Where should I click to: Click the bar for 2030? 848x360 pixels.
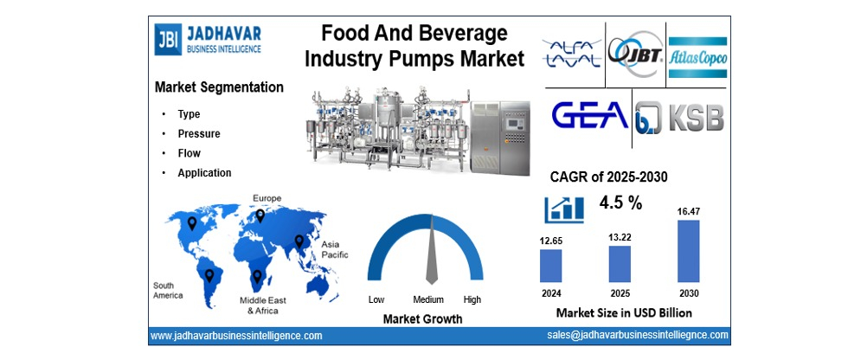tap(688, 251)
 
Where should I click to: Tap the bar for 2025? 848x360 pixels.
tap(620, 263)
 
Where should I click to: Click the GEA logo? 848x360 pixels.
tap(590, 118)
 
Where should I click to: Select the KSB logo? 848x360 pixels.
tap(680, 118)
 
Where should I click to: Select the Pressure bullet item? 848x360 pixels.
tap(199, 134)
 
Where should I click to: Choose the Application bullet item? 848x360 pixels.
tap(204, 172)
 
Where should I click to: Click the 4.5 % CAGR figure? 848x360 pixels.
tap(620, 203)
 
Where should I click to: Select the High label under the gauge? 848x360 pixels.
tap(472, 299)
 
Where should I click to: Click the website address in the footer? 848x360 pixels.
tap(236, 335)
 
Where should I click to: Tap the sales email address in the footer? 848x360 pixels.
tap(637, 335)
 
